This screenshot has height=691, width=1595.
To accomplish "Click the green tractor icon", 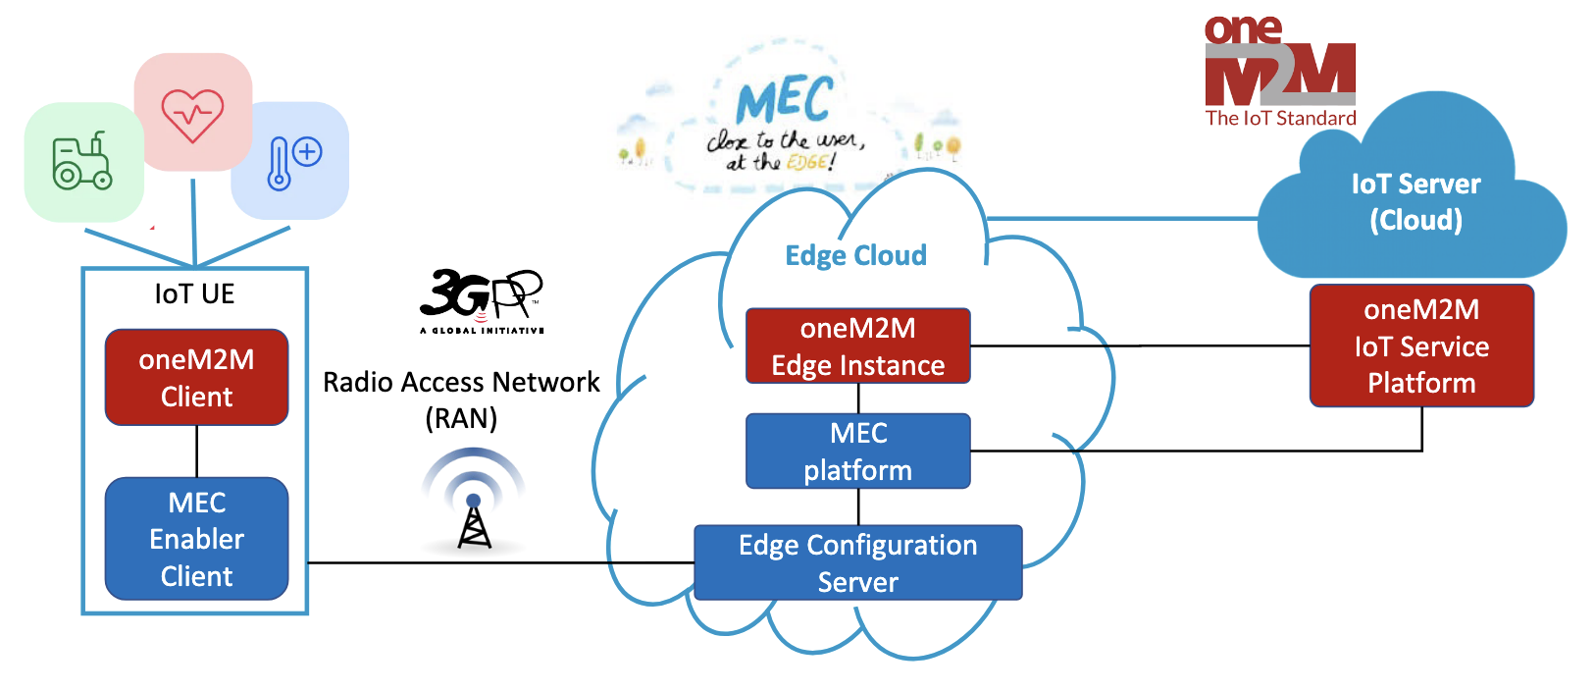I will coord(82,162).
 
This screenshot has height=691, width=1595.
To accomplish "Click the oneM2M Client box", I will coord(196,378).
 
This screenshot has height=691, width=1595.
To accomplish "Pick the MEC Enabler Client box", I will coord(196,539).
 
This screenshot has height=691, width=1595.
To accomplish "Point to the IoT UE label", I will coord(194,293).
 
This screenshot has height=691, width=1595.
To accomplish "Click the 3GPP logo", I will coord(482,300).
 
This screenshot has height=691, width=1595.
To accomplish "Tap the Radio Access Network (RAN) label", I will coord(461,399).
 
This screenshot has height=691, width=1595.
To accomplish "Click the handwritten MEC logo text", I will coord(784,100).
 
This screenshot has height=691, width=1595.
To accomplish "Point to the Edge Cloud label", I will coord(855,255).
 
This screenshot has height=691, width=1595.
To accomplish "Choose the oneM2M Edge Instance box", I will coord(857,346).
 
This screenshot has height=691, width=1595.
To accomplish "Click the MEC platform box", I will coord(857,452).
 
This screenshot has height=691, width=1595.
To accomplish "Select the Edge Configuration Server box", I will coord(857,563).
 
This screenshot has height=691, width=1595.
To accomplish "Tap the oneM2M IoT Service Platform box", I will coord(1421,345).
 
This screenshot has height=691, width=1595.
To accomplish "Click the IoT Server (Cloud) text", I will coord(1415,201).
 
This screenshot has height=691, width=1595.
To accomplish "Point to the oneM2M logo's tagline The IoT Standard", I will coord(1280,119).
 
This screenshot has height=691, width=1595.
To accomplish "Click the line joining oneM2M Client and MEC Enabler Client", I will coord(197,452).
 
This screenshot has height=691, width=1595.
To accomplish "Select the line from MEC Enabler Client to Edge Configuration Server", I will coord(500,563).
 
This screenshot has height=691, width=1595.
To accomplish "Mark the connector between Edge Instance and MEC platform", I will coord(858,399).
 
